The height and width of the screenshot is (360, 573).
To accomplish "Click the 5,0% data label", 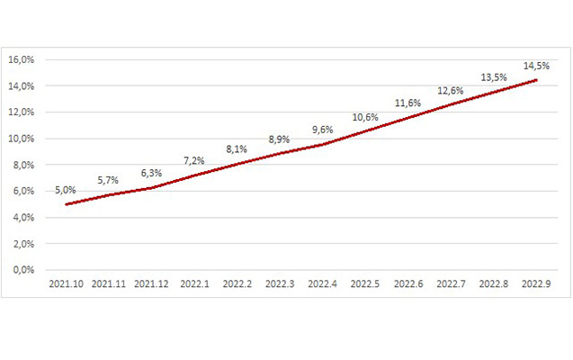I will coord(66,190).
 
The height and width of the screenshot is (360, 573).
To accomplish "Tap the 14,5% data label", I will coord(537,66).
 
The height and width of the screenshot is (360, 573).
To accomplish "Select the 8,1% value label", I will coord(237,150).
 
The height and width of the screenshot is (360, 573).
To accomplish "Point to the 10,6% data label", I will coord(365,118).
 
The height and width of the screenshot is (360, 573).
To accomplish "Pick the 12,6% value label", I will coord(451,91).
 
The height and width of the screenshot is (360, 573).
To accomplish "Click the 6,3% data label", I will coord(151,173).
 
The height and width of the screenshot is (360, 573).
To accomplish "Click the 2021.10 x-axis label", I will coord(66,284).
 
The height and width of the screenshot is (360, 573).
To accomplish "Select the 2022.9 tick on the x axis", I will coord(537,284).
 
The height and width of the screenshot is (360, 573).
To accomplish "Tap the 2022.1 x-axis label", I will coord(194,284).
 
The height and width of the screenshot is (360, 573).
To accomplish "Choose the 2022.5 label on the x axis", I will coord(365,284).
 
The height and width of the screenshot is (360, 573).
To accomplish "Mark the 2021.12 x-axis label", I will coord(151,284).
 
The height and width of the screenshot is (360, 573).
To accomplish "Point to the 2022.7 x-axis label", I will coord(451,284).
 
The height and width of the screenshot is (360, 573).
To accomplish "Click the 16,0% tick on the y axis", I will coord(21,60).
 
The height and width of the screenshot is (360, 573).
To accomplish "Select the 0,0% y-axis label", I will coord(22,270).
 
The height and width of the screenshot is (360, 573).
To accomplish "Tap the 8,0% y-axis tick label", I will coord(22,165).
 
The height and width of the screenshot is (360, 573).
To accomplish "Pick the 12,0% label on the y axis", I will coord(21,112).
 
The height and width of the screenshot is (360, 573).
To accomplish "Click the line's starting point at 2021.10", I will coord(66,204).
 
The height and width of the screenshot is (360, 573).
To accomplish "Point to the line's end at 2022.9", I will coord(537,80).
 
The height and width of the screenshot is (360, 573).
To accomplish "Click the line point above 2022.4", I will coord(323,144).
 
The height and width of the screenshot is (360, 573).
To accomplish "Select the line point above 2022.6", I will coord(408,118).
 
